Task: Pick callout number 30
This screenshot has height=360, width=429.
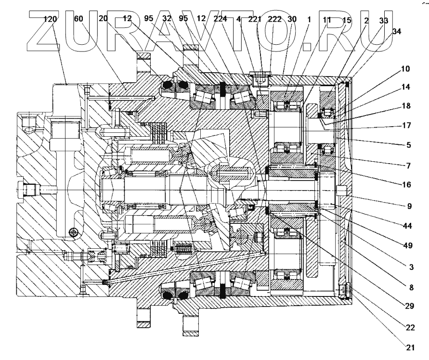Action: tap(292, 20)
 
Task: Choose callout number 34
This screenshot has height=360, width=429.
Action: tap(397, 31)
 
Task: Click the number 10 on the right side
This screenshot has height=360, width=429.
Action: tap(405, 69)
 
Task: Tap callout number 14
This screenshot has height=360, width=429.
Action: tap(405, 88)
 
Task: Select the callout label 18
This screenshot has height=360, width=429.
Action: tap(405, 105)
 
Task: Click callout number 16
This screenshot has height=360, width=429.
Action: tap(405, 184)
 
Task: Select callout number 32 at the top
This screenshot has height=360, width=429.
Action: tap(167, 20)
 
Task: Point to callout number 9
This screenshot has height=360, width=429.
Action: tap(409, 206)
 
